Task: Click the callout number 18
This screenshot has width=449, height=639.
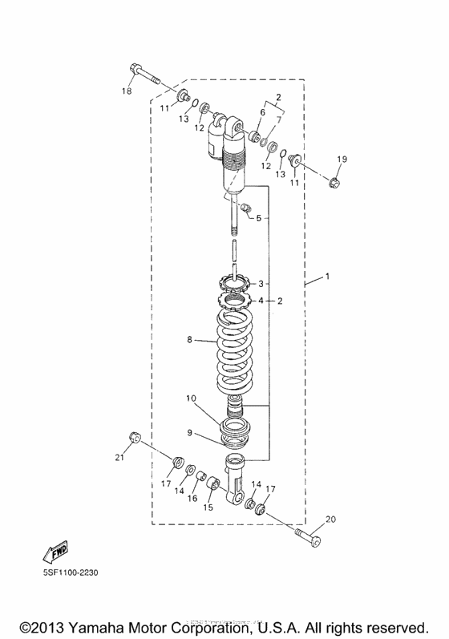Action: pos(126,91)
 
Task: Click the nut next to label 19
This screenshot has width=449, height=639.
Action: pos(335,184)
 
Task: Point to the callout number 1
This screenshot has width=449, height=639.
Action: pos(327,277)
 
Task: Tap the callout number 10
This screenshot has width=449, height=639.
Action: pos(191,398)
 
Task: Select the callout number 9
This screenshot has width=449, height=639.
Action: pos(191,433)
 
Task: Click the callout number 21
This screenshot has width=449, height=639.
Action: pos(120,457)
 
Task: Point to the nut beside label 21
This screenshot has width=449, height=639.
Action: pos(135,437)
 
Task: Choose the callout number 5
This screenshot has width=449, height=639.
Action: pos(258,218)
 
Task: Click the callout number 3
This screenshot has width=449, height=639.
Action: pos(260,284)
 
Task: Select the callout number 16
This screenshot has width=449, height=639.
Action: pos(192,498)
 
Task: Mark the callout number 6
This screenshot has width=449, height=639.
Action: pos(261,113)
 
